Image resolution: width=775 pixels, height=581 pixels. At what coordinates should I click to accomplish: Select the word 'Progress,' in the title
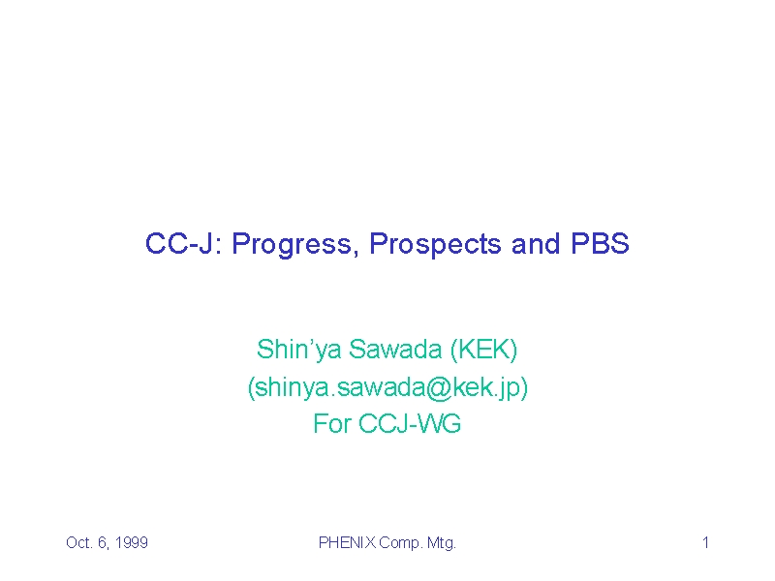click(295, 245)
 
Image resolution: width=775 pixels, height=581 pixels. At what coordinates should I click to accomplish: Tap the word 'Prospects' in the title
click(435, 245)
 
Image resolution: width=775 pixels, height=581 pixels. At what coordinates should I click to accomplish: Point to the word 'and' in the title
click(536, 244)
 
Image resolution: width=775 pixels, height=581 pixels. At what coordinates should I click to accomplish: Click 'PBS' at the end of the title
click(600, 244)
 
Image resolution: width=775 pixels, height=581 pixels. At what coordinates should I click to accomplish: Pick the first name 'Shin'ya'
click(299, 351)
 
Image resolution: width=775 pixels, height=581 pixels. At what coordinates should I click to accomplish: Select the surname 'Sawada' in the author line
click(395, 350)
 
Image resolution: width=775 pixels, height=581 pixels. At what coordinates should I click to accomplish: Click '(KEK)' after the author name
click(483, 351)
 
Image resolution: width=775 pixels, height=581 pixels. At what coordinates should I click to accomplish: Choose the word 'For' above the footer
click(332, 424)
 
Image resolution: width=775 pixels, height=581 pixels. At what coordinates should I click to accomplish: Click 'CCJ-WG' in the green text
click(409, 424)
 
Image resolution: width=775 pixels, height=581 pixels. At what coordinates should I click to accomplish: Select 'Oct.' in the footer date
click(78, 542)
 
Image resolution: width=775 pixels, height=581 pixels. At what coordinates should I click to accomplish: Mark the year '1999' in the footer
click(131, 542)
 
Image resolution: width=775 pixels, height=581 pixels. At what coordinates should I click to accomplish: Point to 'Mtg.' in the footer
click(441, 543)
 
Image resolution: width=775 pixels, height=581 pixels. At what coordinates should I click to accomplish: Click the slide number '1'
click(706, 542)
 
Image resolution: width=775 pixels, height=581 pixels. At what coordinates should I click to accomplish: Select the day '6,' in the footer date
click(103, 543)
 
